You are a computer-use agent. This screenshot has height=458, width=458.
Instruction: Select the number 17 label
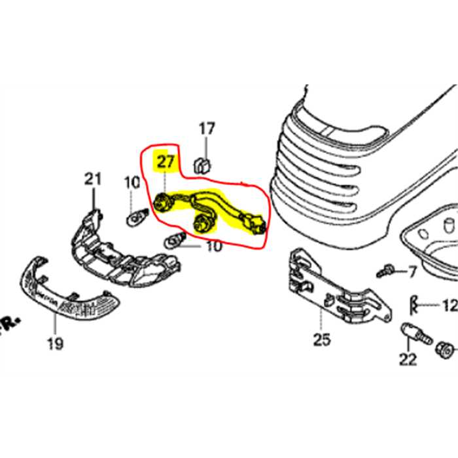tap(207, 129)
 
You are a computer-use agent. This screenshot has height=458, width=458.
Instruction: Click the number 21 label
tap(93, 178)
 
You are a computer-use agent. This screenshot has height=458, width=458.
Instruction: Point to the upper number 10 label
tap(132, 183)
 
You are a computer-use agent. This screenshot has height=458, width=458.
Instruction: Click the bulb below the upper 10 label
tap(136, 215)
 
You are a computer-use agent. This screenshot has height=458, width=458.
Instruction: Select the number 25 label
tap(322, 340)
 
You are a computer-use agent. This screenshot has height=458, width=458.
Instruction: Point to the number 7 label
tap(412, 270)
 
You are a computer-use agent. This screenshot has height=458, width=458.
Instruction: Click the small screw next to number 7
tap(387, 270)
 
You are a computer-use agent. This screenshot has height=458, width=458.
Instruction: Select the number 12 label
tap(449, 306)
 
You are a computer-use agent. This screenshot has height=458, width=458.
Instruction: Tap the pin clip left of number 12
tap(414, 304)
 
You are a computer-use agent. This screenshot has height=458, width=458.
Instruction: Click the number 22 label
tap(408, 359)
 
